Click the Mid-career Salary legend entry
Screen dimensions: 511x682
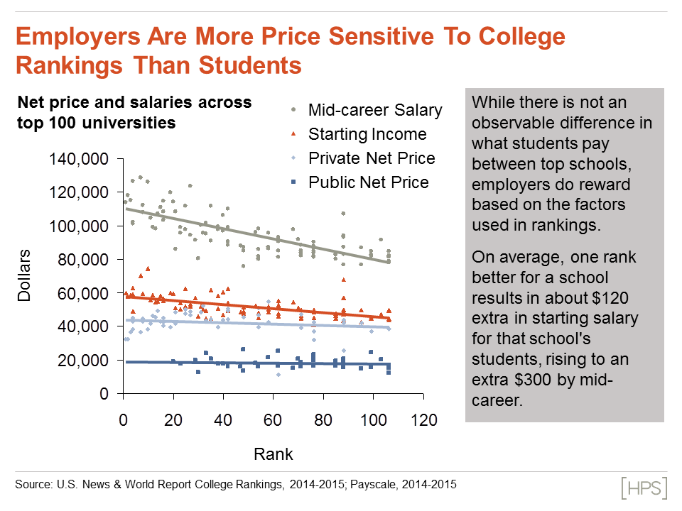[x=374, y=110]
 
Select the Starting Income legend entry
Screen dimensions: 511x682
[x=367, y=134]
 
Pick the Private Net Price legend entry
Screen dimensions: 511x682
[x=371, y=158]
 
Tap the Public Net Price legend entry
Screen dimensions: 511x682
[x=368, y=182]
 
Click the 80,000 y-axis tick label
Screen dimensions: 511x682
[x=82, y=260]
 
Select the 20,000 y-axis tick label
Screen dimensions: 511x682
[x=82, y=360]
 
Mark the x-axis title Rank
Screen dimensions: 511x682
[x=274, y=453]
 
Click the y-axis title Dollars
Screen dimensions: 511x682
[x=26, y=276]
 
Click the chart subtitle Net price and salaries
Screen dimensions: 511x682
[x=134, y=102]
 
